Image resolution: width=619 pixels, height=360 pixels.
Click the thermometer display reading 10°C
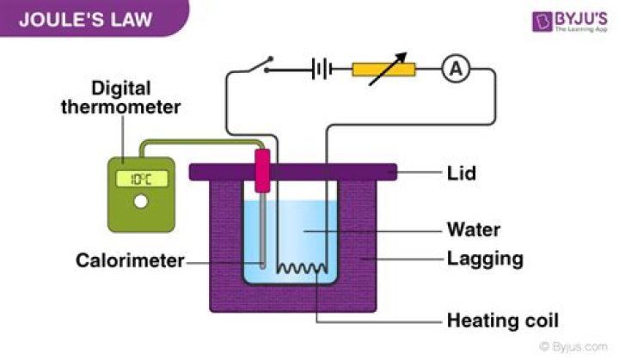141,180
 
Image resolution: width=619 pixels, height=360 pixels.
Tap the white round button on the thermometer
141,204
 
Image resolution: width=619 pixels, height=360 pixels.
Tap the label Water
473,229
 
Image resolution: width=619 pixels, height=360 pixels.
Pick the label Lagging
485,258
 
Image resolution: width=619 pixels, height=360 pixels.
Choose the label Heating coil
502,322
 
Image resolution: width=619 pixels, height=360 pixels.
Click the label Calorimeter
130,259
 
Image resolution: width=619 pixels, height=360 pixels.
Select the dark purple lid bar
293,172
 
